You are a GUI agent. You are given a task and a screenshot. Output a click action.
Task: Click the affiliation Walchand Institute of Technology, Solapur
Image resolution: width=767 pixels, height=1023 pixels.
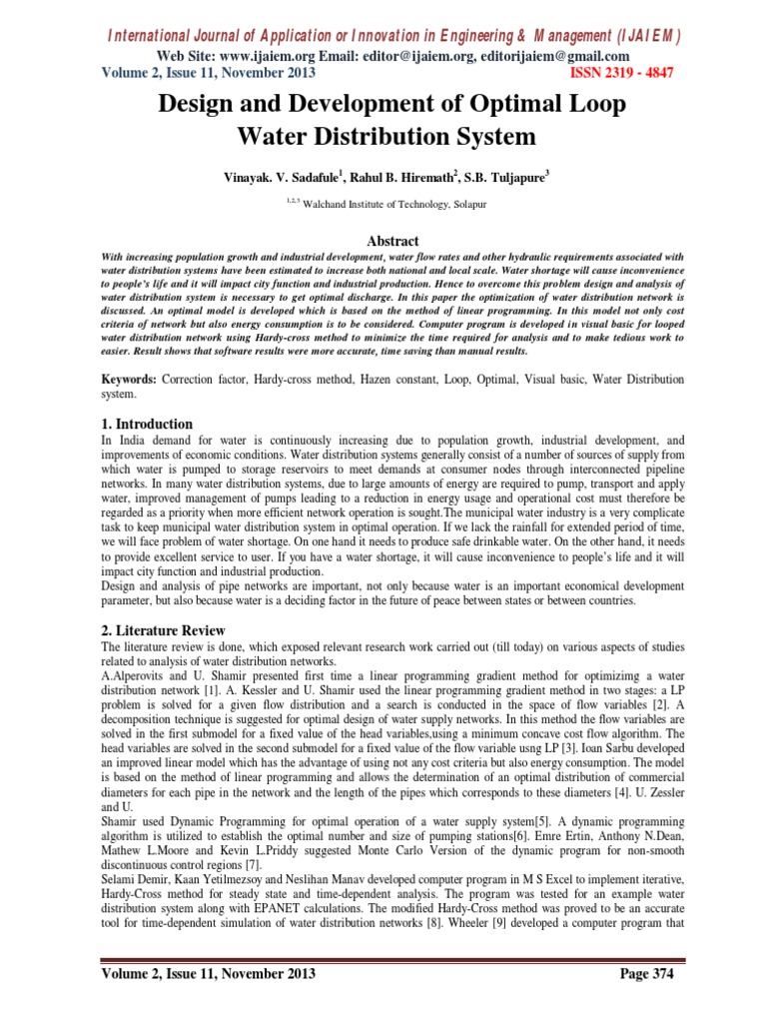click(x=389, y=204)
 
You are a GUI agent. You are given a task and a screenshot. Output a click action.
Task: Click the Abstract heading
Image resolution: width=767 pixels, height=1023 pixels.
click(x=383, y=241)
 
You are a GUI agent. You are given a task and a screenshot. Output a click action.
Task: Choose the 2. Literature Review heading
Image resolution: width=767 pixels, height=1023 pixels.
click(x=164, y=630)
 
